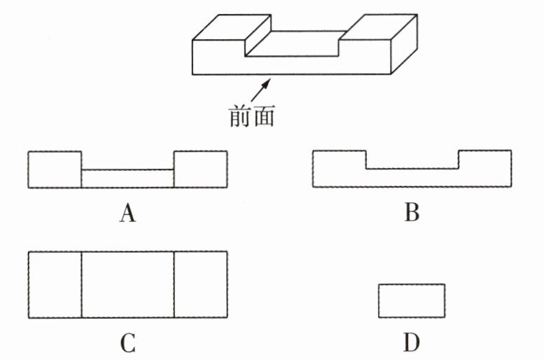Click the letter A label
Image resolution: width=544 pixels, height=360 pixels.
coord(127,214)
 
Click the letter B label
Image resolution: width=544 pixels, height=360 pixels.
coord(412,212)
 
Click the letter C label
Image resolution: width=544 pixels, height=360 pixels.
coord(127,343)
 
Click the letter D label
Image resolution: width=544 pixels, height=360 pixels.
coord(412,343)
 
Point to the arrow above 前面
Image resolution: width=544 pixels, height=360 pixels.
coord(260,89)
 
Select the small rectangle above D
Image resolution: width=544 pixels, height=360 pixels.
coord(412,300)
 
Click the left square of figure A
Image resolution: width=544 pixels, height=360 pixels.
coord(55,169)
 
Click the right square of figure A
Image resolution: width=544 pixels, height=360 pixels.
coord(200,169)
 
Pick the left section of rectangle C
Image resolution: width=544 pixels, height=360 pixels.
coord(55,284)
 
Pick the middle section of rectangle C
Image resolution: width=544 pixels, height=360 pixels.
coord(127,284)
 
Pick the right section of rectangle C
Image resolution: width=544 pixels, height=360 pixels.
coord(200,284)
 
